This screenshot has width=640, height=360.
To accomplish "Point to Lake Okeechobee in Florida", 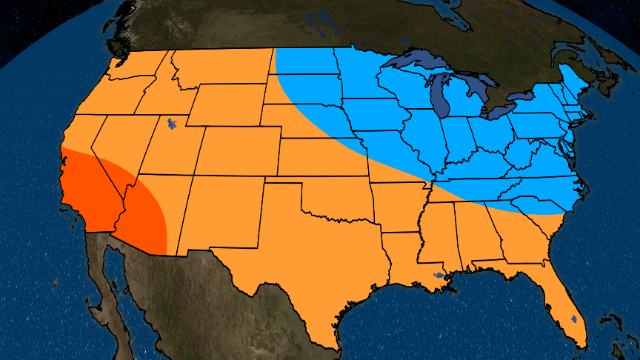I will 573,320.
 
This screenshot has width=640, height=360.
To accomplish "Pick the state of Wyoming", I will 226,104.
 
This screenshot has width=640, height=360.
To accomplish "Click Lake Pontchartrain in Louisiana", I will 440,276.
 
